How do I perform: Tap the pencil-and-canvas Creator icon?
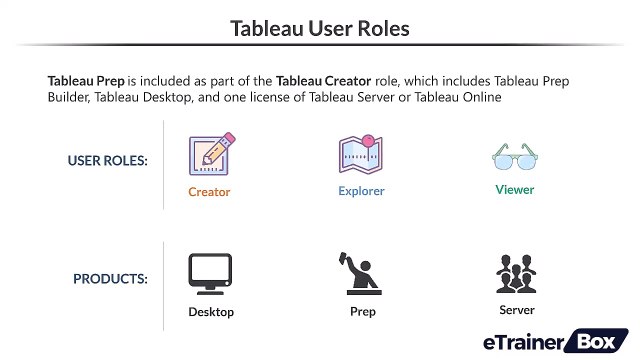click(x=210, y=154)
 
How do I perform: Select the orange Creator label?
click(x=209, y=192)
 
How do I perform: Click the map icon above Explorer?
click(x=361, y=154)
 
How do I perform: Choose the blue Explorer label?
click(x=361, y=191)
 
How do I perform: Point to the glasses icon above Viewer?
click(x=515, y=157)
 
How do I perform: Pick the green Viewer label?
click(x=515, y=190)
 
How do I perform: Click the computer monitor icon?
click(x=210, y=273)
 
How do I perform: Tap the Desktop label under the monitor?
click(x=211, y=312)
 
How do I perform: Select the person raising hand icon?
click(x=361, y=272)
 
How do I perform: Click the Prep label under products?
click(x=362, y=311)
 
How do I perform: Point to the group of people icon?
click(x=516, y=273)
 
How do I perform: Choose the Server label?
click(x=517, y=310)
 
